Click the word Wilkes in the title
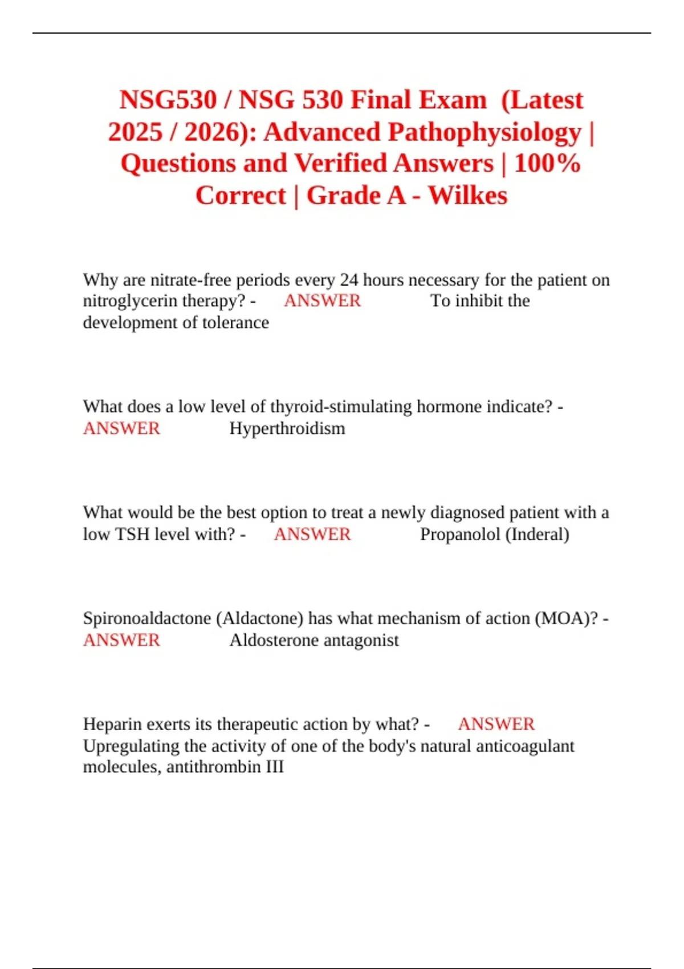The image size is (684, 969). (467, 196)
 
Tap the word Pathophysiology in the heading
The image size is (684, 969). (484, 132)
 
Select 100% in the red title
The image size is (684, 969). (547, 164)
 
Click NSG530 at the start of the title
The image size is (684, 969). (168, 100)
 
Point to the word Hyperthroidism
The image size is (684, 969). (287, 428)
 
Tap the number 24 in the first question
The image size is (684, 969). (349, 280)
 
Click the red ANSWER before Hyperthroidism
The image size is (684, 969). (121, 428)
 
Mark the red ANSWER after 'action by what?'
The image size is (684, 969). (496, 724)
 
